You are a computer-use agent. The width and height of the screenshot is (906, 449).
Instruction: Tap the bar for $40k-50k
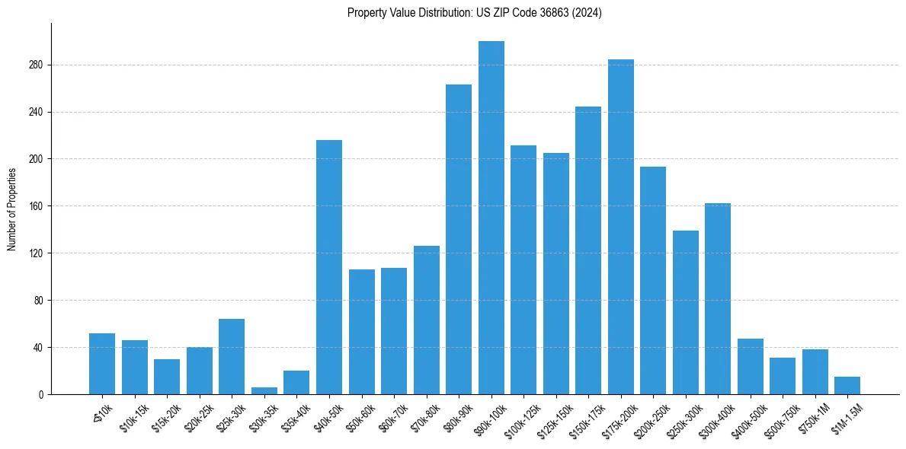(328, 267)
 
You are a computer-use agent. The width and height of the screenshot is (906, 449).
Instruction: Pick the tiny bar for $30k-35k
(264, 391)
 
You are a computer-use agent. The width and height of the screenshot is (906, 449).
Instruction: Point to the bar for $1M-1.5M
(847, 386)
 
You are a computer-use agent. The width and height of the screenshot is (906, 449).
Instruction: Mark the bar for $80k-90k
(459, 239)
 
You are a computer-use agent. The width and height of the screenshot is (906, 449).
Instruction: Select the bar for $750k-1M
(815, 371)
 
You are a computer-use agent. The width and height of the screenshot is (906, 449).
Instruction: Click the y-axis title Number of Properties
(11, 209)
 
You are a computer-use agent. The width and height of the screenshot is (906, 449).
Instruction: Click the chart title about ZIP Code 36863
(474, 13)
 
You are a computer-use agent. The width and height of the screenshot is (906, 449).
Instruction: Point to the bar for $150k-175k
(588, 250)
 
